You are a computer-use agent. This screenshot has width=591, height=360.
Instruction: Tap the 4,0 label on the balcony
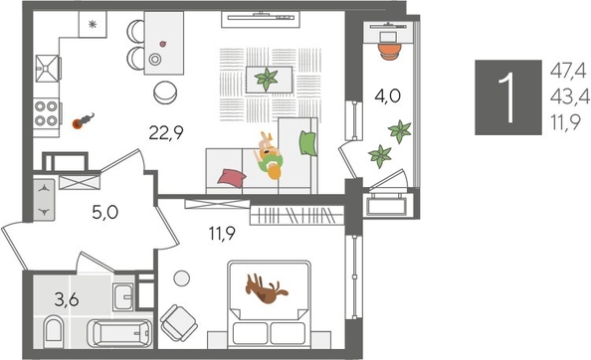pyautogui.click(x=387, y=97)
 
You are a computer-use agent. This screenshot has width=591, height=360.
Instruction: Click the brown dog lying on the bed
pyautogui.click(x=267, y=289)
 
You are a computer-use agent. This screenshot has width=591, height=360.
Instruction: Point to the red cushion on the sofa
pyautogui.click(x=230, y=176)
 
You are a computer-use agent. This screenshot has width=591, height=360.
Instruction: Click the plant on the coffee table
pyautogui.click(x=268, y=78)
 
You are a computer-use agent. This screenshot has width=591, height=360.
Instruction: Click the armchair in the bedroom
pyautogui.click(x=182, y=322)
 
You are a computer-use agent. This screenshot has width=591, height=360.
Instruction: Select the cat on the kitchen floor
pyautogui.click(x=84, y=121)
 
